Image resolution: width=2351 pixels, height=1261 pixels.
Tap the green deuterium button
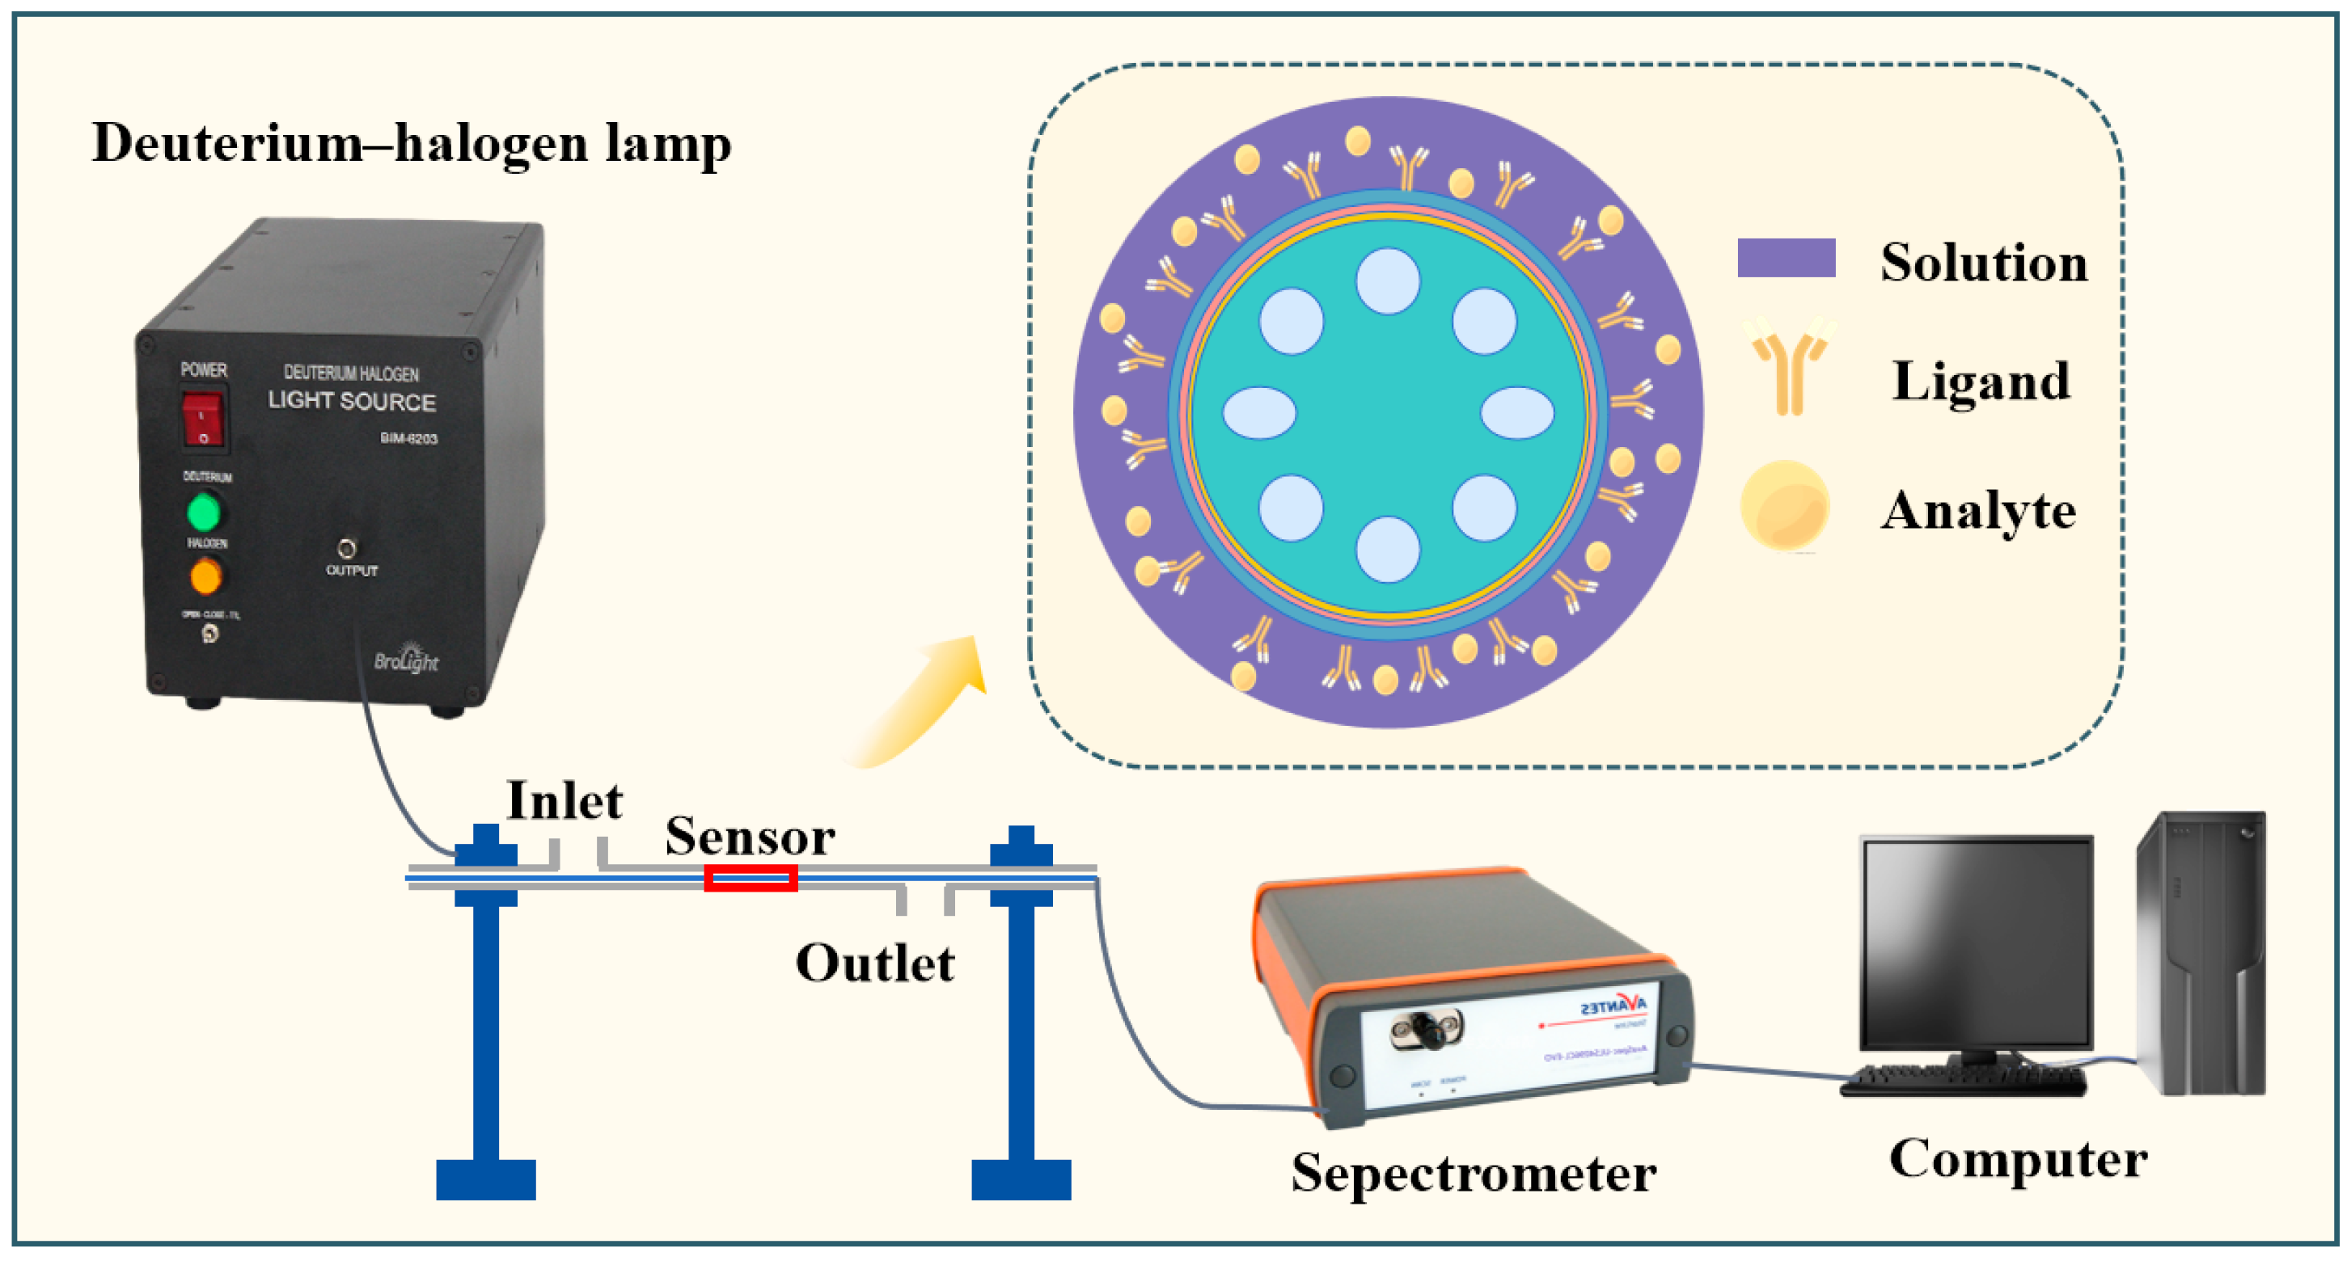click(205, 512)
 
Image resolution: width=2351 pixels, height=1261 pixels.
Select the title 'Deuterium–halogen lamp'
click(412, 144)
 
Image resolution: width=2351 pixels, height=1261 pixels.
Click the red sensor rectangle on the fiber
click(751, 879)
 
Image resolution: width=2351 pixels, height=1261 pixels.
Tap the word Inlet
click(564, 802)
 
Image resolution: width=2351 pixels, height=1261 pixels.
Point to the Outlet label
click(874, 964)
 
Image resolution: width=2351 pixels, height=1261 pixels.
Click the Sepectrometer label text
click(1473, 1175)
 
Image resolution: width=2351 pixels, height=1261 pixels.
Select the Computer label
click(2018, 1160)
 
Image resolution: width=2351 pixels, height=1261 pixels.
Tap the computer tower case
click(2200, 954)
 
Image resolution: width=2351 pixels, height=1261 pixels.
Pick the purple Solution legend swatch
click(1786, 257)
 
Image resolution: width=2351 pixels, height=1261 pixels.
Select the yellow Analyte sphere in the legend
click(1784, 505)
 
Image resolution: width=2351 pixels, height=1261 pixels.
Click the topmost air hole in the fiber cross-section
click(1387, 281)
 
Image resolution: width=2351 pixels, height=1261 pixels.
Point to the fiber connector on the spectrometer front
click(1426, 1032)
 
